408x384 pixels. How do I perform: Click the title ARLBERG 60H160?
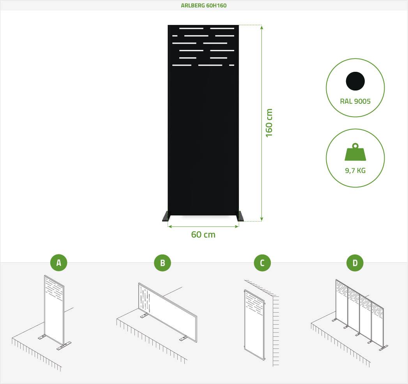204,5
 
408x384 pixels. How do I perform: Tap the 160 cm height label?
269,123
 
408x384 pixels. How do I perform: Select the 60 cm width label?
203,235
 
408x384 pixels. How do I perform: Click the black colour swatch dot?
355,81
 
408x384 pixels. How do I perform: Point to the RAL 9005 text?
355,101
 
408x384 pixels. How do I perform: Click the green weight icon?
355,152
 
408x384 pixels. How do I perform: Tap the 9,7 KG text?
355,171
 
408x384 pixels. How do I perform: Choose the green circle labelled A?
59,263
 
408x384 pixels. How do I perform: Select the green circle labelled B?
162,263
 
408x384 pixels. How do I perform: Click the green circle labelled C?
262,263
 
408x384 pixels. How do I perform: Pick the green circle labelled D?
355,263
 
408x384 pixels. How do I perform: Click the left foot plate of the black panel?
166,217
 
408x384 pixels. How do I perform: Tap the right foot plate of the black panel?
240,217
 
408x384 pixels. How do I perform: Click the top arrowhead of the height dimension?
261,27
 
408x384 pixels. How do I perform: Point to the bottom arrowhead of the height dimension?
261,219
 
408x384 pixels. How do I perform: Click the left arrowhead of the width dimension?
170,226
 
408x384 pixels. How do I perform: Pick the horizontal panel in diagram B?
168,312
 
